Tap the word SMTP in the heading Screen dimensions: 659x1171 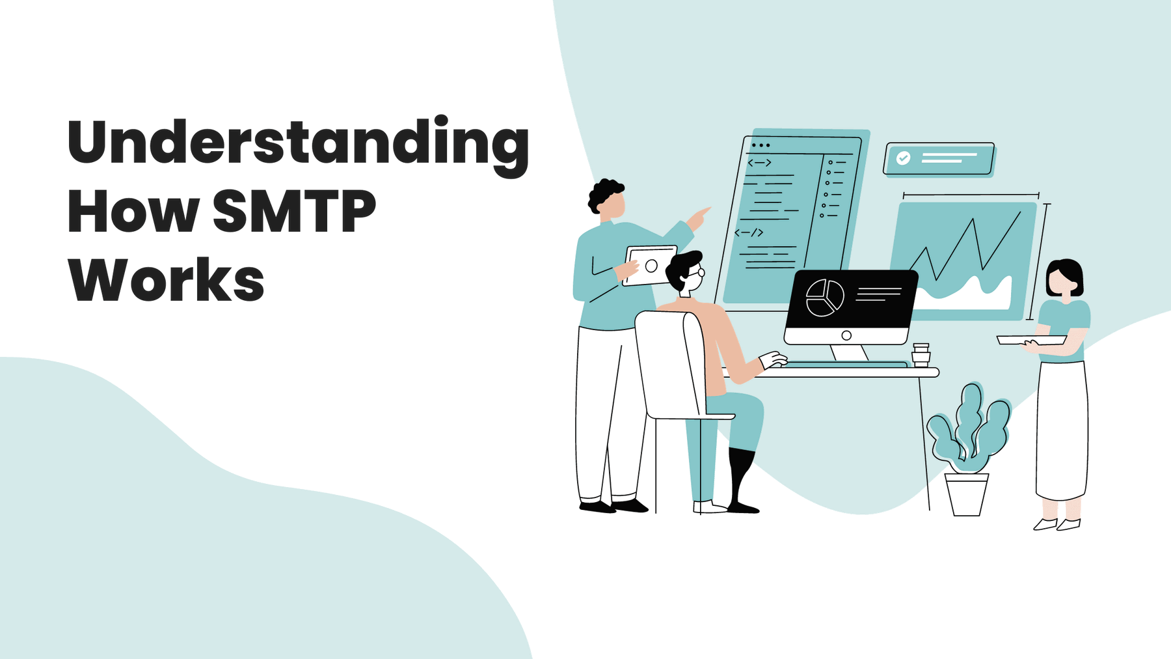pyautogui.click(x=295, y=211)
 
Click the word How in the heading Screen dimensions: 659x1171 pyautogui.click(x=133, y=211)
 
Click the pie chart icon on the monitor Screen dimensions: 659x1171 pyautogui.click(x=824, y=298)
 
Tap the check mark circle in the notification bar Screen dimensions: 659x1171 pyautogui.click(x=903, y=158)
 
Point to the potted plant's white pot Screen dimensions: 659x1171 pyautogui.click(x=966, y=495)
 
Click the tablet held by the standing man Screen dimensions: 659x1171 pyautogui.click(x=650, y=265)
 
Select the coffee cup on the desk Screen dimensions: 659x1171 pyautogui.click(x=921, y=355)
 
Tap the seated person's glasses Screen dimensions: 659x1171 pyautogui.click(x=697, y=273)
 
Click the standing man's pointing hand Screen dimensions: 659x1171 pyautogui.click(x=699, y=218)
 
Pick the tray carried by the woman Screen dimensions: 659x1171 pyautogui.click(x=1031, y=339)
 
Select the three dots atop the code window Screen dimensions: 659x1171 pyautogui.click(x=760, y=145)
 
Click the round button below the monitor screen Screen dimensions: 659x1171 pyautogui.click(x=846, y=335)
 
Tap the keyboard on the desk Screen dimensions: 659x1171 pyautogui.click(x=846, y=365)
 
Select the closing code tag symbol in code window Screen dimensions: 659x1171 pyautogui.click(x=749, y=232)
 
